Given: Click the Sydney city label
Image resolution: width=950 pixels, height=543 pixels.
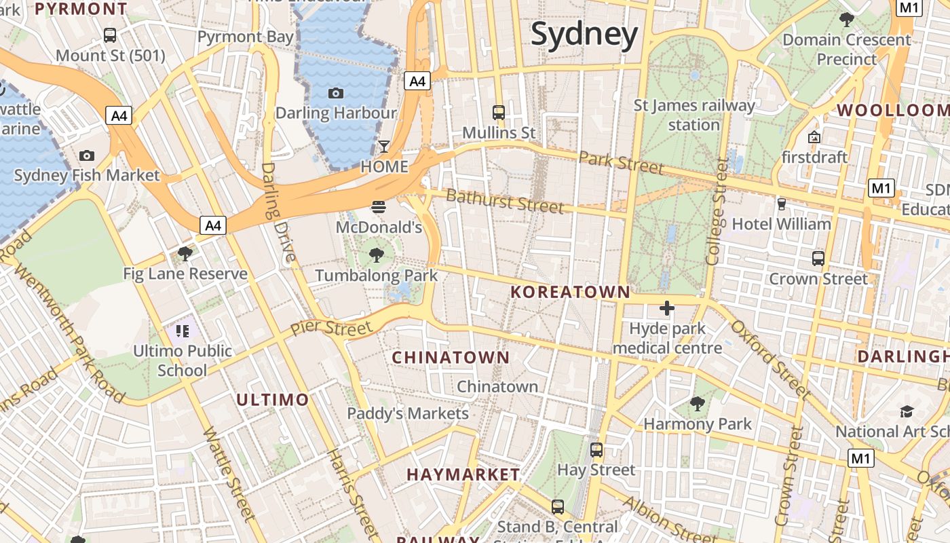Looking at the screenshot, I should [x=584, y=34].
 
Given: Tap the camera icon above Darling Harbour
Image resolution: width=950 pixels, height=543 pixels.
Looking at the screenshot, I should [x=335, y=94].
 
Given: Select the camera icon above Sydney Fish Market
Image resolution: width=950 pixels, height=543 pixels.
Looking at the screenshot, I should [x=87, y=156].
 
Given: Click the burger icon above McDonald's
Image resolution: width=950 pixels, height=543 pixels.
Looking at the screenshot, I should [x=379, y=207].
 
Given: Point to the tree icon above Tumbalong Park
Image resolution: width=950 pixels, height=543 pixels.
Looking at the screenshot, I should [x=377, y=256].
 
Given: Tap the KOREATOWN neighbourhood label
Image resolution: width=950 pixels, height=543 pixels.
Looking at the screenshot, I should [x=570, y=293].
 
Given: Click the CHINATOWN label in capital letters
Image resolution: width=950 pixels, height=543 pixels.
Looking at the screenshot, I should [x=451, y=357].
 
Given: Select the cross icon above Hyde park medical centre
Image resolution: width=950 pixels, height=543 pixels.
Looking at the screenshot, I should [x=667, y=309].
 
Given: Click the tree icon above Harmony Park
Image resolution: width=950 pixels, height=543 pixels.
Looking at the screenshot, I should [x=697, y=405].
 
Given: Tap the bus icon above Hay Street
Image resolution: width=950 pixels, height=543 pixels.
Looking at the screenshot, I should [x=596, y=450].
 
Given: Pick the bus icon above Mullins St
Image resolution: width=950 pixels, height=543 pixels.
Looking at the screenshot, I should [x=499, y=113].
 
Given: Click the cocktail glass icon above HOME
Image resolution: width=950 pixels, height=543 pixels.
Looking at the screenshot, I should [x=384, y=147].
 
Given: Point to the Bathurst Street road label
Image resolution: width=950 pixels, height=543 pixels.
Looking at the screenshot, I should [x=505, y=201].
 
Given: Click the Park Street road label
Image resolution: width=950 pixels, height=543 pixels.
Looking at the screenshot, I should [x=621, y=162].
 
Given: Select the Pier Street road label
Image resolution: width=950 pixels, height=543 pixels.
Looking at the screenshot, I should [x=332, y=328].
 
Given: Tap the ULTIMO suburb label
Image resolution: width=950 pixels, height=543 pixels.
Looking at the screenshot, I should [x=272, y=400].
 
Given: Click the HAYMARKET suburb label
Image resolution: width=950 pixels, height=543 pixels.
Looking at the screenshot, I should [x=463, y=474].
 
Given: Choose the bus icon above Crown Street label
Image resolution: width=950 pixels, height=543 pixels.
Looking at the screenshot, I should [x=818, y=259].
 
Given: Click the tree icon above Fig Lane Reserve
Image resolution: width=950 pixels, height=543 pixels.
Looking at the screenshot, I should [x=185, y=255].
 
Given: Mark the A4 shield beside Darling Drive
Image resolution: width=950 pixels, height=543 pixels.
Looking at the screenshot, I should [x=213, y=225].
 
